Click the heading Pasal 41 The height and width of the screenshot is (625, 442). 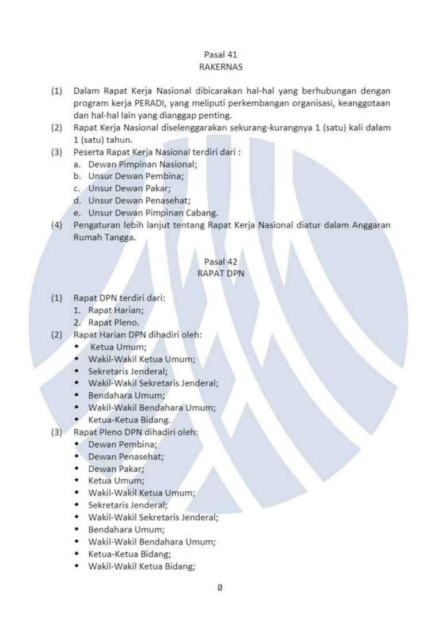(x=220, y=55)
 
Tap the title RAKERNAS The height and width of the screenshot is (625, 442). (x=220, y=67)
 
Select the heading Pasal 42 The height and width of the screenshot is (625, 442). (x=220, y=262)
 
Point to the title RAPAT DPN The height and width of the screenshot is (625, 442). (x=220, y=274)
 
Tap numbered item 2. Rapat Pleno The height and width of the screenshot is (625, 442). (x=110, y=322)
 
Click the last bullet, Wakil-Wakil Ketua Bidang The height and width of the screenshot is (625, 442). (x=142, y=566)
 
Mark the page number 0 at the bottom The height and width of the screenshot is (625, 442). (x=220, y=588)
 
